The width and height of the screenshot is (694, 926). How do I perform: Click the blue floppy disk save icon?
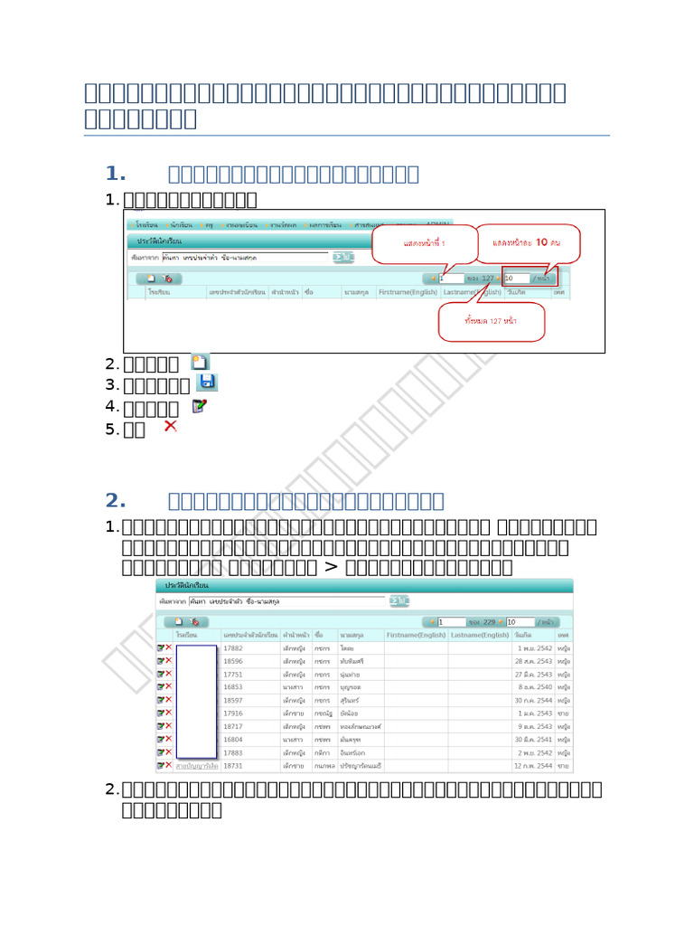pyautogui.click(x=206, y=383)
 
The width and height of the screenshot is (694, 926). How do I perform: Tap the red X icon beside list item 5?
pyautogui.click(x=170, y=426)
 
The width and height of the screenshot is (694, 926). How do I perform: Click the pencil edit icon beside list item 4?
pyautogui.click(x=200, y=406)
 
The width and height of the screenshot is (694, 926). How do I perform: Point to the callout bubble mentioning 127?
pyautogui.click(x=492, y=320)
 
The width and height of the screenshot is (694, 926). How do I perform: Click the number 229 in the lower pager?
pyautogui.click(x=488, y=622)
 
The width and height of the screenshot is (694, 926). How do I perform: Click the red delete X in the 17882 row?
pyautogui.click(x=168, y=648)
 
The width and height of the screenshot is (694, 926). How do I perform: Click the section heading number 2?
pyautogui.click(x=115, y=501)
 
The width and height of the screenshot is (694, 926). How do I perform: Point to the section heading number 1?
pyautogui.click(x=115, y=174)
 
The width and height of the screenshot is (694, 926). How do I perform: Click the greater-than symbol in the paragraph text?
pyautogui.click(x=330, y=567)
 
